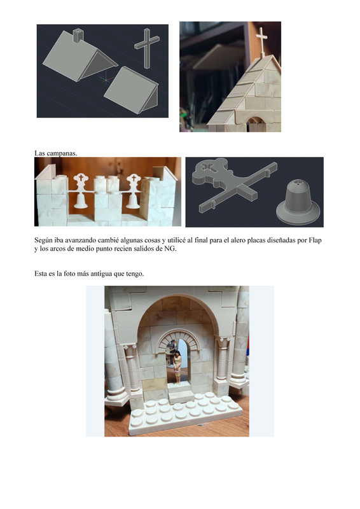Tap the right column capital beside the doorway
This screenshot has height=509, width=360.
[223, 344]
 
